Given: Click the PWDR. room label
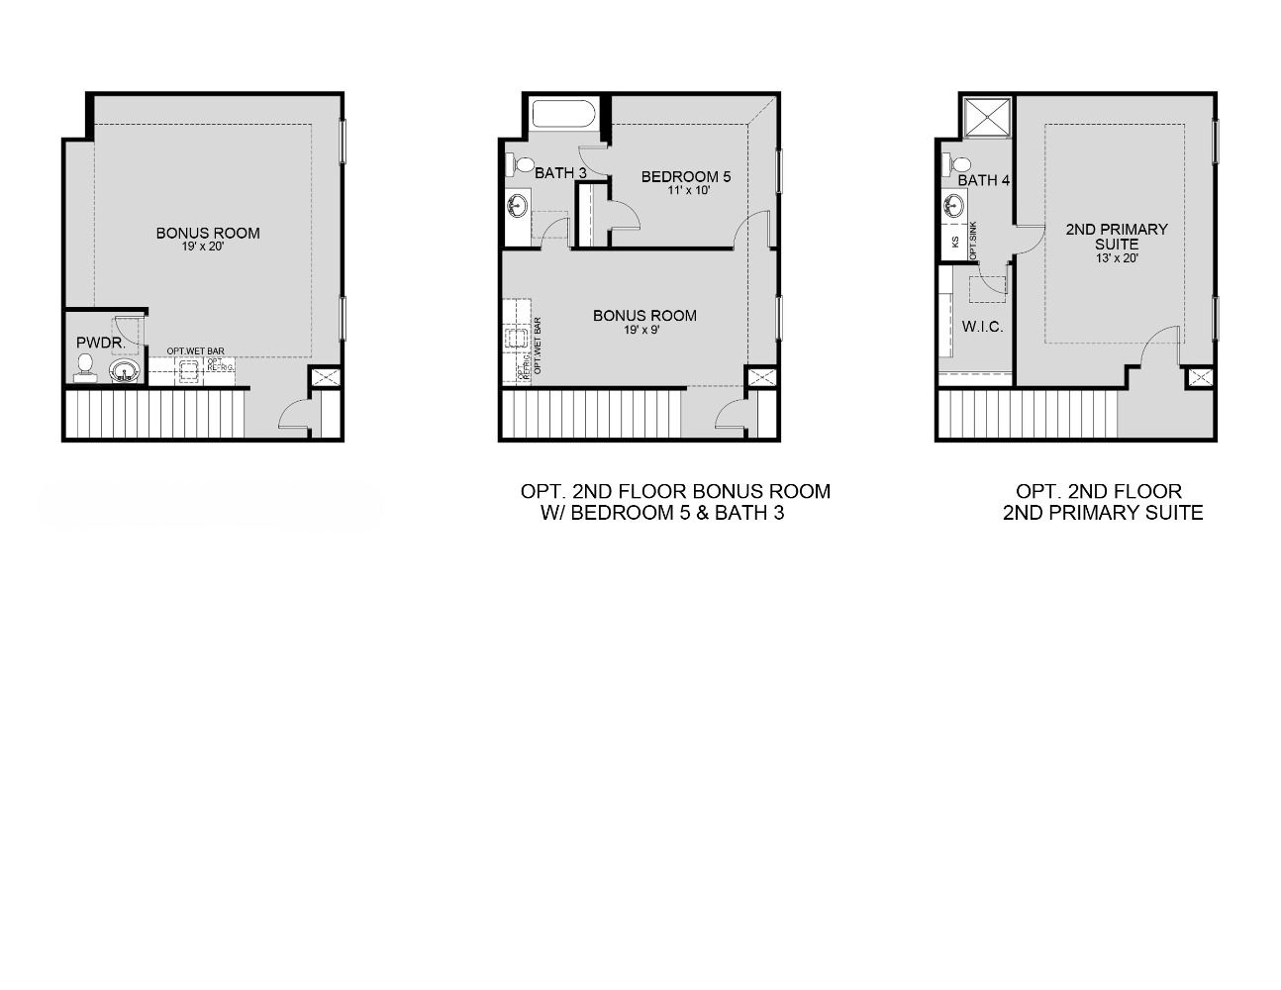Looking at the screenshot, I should [101, 343].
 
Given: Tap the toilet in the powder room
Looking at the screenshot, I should [85, 367].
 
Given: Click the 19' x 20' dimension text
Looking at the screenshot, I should [208, 247].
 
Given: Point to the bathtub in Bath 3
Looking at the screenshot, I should [564, 113].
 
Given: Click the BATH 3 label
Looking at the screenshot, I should [560, 173].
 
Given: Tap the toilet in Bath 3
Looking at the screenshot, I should [519, 163].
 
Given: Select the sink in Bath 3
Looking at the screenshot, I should [517, 206].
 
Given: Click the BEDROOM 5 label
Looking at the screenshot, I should [686, 177].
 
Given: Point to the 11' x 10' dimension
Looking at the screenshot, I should [689, 190].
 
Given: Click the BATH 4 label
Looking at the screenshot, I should [983, 180].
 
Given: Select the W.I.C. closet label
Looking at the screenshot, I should [982, 326].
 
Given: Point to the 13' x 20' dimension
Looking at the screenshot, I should [1116, 258].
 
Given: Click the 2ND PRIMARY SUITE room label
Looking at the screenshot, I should [1117, 237].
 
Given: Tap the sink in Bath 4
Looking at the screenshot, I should [953, 206].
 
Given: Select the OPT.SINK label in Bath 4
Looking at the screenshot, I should [974, 242].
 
